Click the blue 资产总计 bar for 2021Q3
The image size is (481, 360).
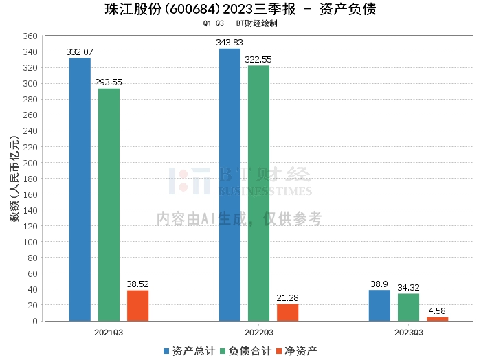pyautogui.click(x=80, y=189)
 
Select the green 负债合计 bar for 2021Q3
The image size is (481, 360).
pyautogui.click(x=109, y=205)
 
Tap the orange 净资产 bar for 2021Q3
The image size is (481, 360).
pyautogui.click(x=137, y=306)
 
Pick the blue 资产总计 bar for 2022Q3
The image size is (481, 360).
pyautogui.click(x=230, y=185)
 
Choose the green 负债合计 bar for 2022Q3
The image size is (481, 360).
pyautogui.click(x=258, y=193)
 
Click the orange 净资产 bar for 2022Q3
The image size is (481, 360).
pyautogui.click(x=287, y=313)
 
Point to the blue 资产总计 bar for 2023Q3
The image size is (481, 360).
pyautogui.click(x=379, y=306)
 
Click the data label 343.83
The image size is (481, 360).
pyautogui.click(x=230, y=43)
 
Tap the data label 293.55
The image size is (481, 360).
pyautogui.click(x=109, y=82)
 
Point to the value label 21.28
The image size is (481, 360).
pyautogui.click(x=287, y=297)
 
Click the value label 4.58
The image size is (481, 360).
pyautogui.click(x=437, y=311)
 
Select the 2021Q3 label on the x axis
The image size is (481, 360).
pyautogui.click(x=109, y=332)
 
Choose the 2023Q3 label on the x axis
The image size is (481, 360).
pyautogui.click(x=408, y=332)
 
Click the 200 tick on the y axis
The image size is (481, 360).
pyautogui.click(x=31, y=163)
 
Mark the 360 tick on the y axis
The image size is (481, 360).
pyautogui.click(x=31, y=36)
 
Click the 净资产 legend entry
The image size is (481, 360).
pyautogui.click(x=297, y=350)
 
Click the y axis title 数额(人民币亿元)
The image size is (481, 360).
pyautogui.click(x=14, y=179)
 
